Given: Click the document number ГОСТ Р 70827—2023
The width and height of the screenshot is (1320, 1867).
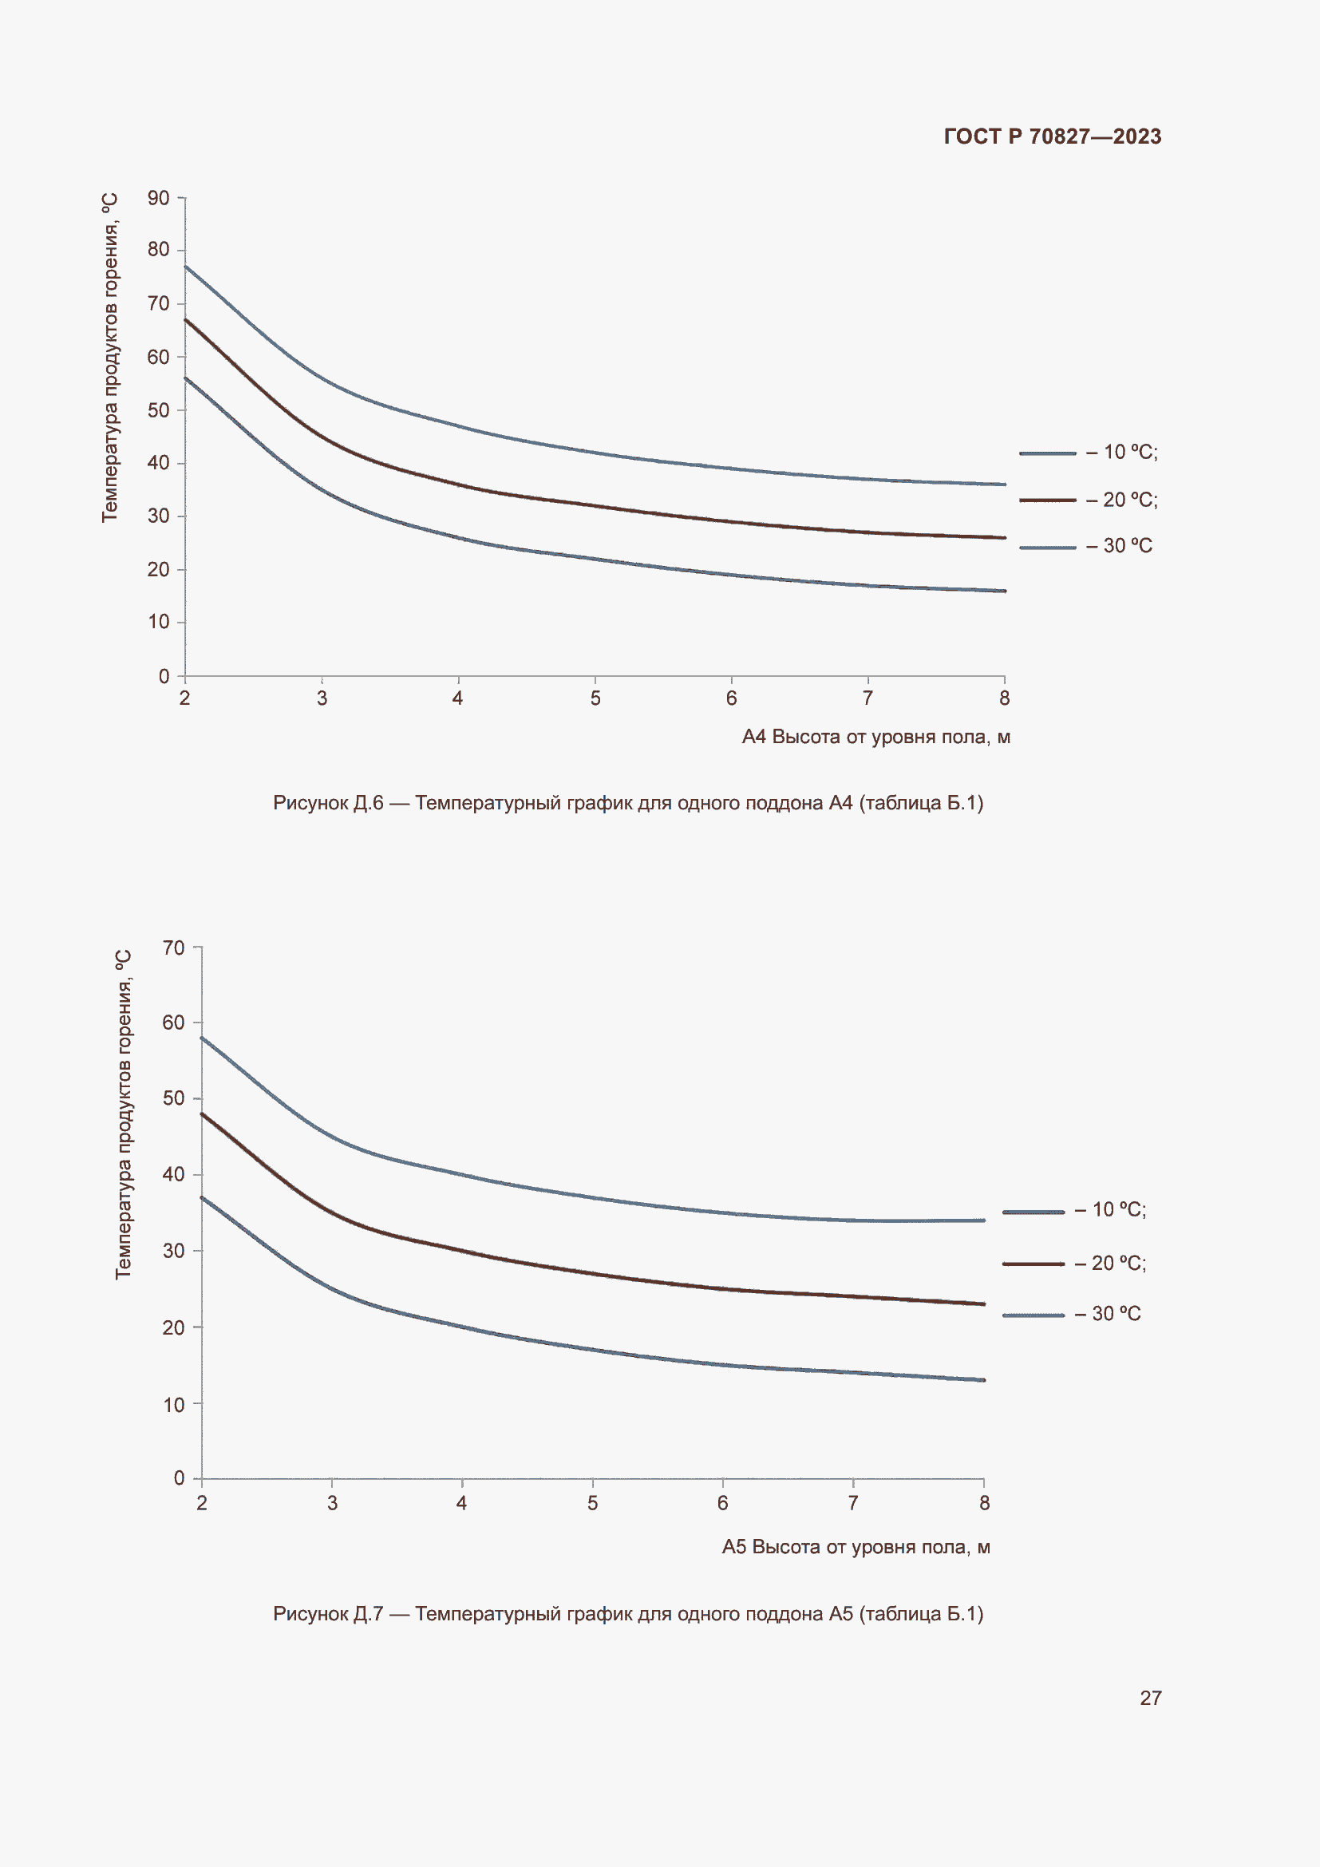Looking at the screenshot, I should pyautogui.click(x=1052, y=136).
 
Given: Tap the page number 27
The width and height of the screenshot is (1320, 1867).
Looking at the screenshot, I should pyautogui.click(x=1150, y=1698).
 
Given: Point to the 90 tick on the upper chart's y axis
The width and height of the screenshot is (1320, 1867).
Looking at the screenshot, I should pyautogui.click(x=159, y=199).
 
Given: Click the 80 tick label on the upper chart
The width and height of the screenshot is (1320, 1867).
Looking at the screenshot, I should pyautogui.click(x=159, y=250).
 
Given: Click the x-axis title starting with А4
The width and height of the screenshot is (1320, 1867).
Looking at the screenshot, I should pyautogui.click(x=875, y=737).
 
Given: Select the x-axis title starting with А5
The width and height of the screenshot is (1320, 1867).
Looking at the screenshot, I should pyautogui.click(x=855, y=1547).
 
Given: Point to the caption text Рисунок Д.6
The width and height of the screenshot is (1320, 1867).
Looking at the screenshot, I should pyautogui.click(x=627, y=804).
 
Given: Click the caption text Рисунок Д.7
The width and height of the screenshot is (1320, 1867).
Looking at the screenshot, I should pyautogui.click(x=627, y=1614).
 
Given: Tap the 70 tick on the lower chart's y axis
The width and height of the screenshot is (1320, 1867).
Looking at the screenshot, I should pyautogui.click(x=174, y=947).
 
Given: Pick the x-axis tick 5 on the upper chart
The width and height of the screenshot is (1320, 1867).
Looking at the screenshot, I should pyautogui.click(x=595, y=698).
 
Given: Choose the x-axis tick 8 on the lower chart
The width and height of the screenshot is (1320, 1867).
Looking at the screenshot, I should pyautogui.click(x=984, y=1503).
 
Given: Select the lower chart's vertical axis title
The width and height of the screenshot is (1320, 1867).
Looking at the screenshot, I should pyautogui.click(x=124, y=1114).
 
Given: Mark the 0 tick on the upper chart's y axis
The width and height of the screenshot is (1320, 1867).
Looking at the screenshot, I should pyautogui.click(x=164, y=676).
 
